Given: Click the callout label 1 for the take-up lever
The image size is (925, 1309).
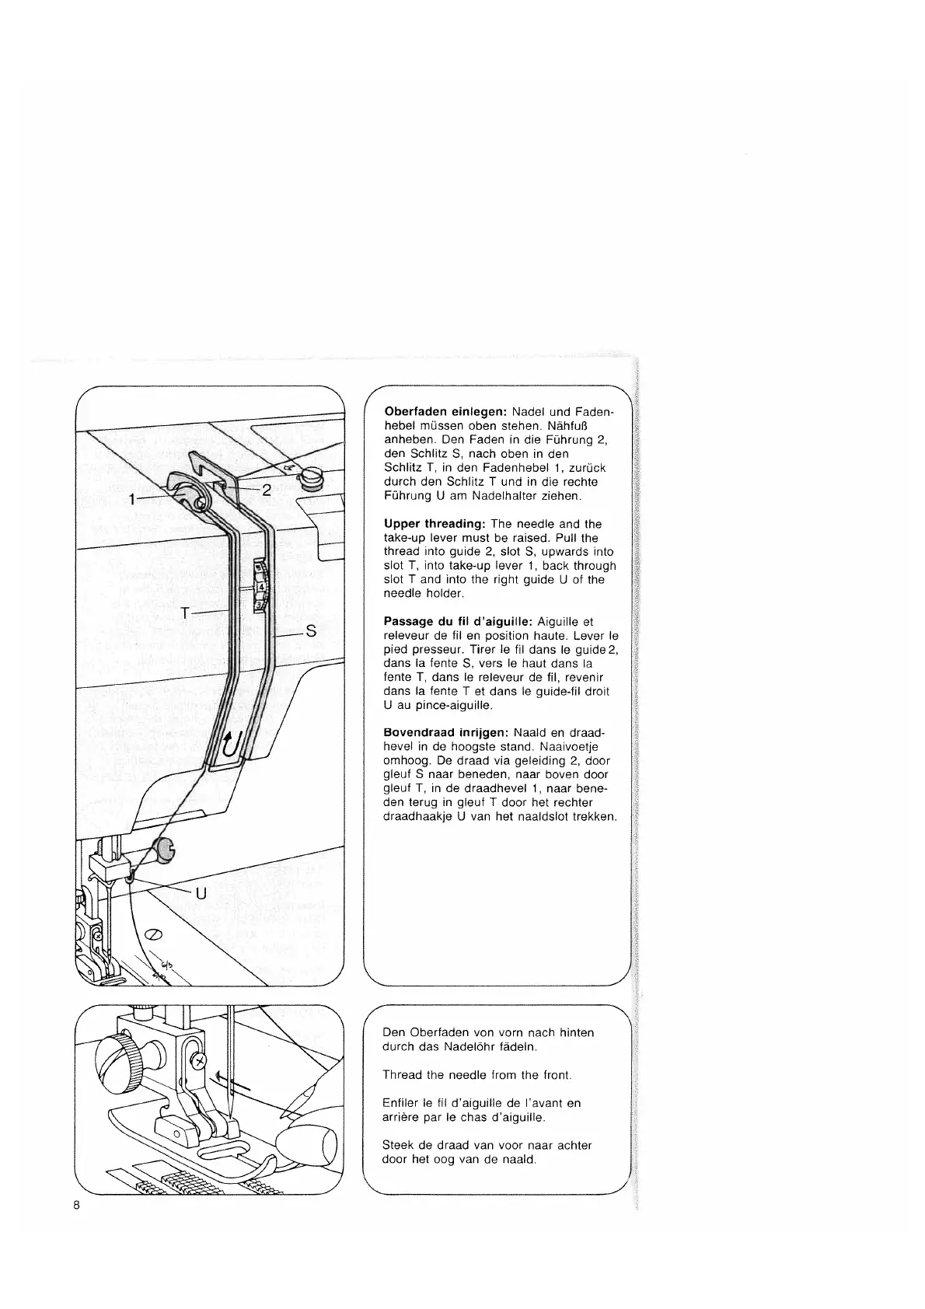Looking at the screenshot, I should click(x=133, y=499).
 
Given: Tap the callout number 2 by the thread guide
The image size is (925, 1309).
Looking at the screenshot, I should click(x=266, y=490).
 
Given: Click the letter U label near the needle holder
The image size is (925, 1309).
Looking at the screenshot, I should click(x=201, y=893).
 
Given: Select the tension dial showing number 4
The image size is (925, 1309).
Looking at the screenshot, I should click(x=261, y=587).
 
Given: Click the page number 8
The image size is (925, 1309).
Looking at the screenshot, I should click(x=77, y=1228).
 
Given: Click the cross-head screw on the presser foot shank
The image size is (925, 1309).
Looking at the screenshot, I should click(x=201, y=1060).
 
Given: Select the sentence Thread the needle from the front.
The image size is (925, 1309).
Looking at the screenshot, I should click(x=477, y=1075).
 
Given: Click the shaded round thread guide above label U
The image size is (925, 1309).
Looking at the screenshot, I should click(x=166, y=850).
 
